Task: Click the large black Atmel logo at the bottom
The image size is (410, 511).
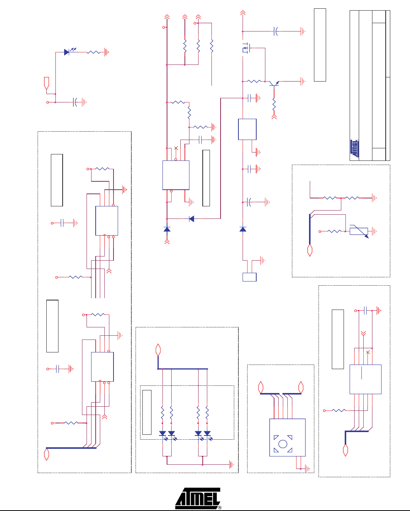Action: (x=198, y=498)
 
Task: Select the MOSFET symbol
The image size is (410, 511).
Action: (x=246, y=49)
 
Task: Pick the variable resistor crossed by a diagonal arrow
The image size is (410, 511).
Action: (x=359, y=231)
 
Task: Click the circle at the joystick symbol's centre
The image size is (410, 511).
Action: (x=283, y=444)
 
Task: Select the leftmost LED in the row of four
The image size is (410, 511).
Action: (x=162, y=433)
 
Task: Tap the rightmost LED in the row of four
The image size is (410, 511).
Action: (x=207, y=433)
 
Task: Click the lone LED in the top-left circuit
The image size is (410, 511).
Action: (x=67, y=52)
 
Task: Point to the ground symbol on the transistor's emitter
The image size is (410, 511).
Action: (x=303, y=81)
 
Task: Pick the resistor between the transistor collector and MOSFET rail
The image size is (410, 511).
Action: (x=254, y=81)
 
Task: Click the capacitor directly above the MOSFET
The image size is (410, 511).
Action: (x=276, y=31)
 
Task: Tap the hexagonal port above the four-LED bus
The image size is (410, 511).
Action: (x=158, y=350)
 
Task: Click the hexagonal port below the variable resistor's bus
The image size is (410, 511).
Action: (x=310, y=250)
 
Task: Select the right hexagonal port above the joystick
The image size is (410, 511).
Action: (x=301, y=387)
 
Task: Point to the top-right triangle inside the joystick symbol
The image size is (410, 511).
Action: (x=290, y=437)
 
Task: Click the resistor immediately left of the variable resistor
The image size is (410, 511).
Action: (x=334, y=231)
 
